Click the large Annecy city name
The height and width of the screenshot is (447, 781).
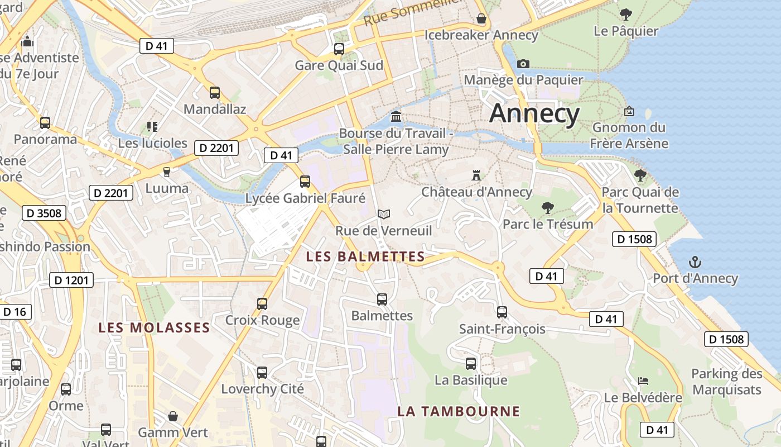(534, 113)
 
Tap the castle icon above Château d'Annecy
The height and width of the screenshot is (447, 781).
(476, 175)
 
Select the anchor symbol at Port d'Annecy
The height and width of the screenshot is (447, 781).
(695, 262)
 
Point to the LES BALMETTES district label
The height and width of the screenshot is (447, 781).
(365, 257)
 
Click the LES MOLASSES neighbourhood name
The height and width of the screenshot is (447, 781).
(154, 328)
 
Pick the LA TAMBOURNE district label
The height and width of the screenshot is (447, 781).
(458, 412)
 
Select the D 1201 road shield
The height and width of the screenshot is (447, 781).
(72, 280)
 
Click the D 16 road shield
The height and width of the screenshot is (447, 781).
(15, 312)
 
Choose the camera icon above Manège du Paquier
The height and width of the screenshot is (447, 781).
(523, 64)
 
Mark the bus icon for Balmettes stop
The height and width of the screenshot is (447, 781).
(382, 299)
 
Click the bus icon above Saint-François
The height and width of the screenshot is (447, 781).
(502, 312)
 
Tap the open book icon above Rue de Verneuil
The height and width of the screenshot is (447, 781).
(383, 214)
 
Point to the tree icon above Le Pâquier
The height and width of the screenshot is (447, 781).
(626, 15)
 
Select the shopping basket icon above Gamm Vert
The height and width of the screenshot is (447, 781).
(173, 416)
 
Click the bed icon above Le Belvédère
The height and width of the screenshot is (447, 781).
(643, 382)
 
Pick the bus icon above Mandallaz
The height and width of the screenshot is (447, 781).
(214, 93)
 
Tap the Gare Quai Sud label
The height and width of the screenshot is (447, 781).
(339, 65)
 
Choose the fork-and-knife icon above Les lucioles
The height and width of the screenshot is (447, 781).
(152, 127)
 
